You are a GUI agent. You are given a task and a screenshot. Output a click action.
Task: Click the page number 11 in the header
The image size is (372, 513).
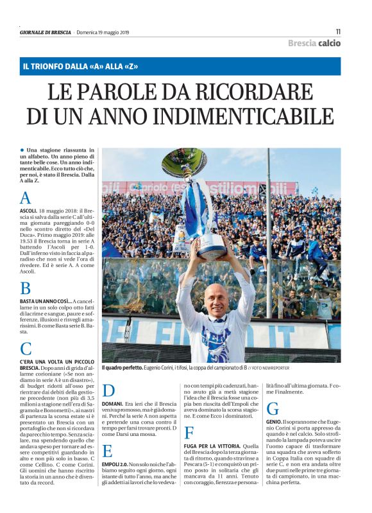[x=337, y=31]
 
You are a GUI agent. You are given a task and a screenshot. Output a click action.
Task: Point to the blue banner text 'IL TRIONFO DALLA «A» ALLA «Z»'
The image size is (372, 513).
[x=81, y=66]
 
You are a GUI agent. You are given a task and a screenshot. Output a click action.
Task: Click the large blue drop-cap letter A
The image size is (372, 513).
[x=26, y=198]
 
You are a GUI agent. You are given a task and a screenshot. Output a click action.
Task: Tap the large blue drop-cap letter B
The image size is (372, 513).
[x=25, y=288]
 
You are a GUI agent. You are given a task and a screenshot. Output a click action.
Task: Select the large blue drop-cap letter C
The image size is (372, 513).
[x=26, y=349]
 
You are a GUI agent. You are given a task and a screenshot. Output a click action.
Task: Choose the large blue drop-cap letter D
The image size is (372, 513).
[x=109, y=390]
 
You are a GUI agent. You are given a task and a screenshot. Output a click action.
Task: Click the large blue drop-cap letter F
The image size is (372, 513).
[x=189, y=433]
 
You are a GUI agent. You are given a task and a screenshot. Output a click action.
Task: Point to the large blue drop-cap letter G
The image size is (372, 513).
[x=272, y=408]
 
